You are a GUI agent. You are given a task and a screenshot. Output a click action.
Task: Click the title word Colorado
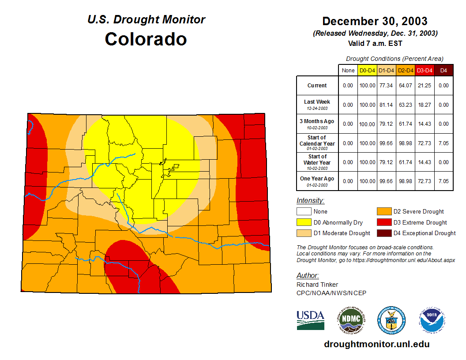click(146, 39)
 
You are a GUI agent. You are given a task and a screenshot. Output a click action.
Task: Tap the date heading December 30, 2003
click(375, 21)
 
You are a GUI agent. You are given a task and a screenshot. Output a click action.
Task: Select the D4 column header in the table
click(443, 71)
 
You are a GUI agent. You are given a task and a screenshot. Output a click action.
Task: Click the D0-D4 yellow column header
click(367, 71)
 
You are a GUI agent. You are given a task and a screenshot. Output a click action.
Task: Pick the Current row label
click(317, 86)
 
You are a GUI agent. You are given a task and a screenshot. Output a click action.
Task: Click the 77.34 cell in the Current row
click(387, 86)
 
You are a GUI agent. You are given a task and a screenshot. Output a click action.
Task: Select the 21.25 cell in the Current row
click(425, 86)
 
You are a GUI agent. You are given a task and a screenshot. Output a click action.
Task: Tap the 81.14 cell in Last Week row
click(387, 105)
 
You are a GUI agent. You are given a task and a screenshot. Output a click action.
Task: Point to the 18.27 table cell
click(425, 105)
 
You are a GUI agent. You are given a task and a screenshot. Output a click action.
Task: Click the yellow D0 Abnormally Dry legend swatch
click(304, 222)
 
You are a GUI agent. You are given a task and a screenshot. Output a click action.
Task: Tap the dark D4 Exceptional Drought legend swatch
click(384, 233)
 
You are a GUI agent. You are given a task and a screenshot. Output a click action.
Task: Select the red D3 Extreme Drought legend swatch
click(384, 222)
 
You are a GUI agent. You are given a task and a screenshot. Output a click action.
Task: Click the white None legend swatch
click(304, 212)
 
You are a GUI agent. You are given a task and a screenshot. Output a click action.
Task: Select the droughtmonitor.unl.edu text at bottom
click(376, 344)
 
